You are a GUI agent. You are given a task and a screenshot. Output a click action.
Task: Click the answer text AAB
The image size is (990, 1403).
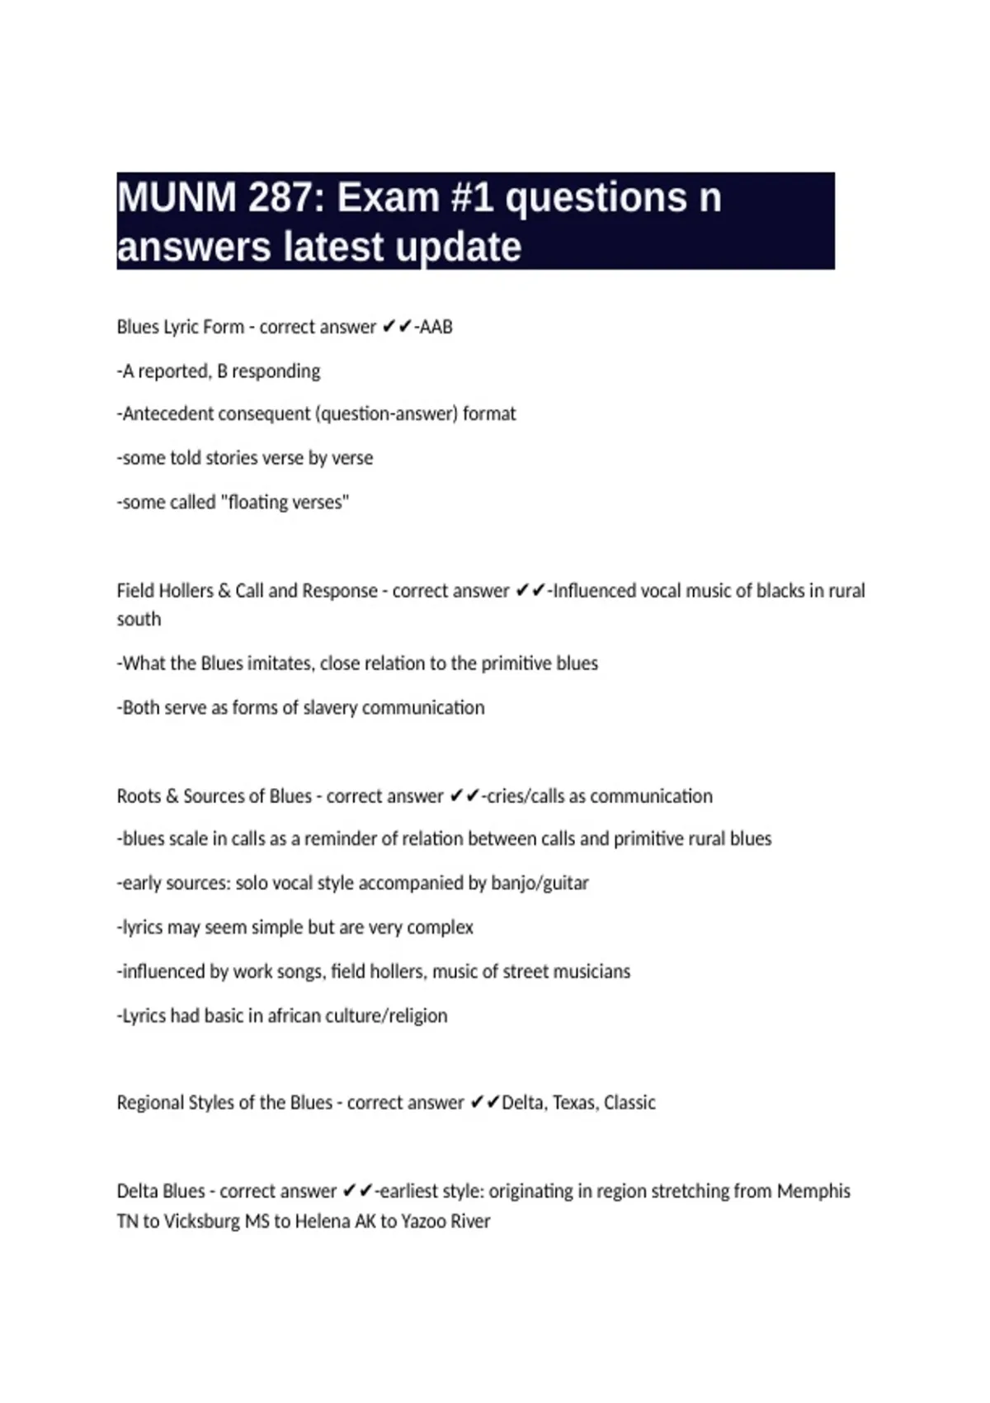click(x=436, y=327)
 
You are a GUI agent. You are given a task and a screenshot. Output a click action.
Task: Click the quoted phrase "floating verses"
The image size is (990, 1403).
click(x=285, y=502)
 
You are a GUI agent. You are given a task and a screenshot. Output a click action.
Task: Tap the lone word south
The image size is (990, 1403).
click(x=139, y=620)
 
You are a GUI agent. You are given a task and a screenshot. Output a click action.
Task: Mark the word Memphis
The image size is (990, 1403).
click(x=813, y=1192)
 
